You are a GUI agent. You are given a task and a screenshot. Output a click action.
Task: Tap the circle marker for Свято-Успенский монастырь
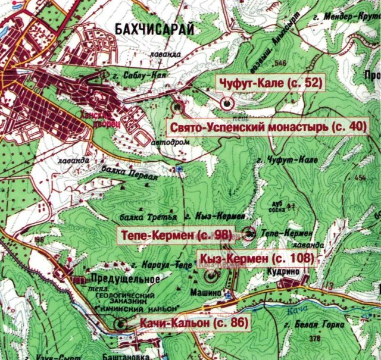(x=177, y=107)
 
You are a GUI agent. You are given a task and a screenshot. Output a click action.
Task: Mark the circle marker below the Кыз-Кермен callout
(x=211, y=276)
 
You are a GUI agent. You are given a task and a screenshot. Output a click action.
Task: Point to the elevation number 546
(x=280, y=63)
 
